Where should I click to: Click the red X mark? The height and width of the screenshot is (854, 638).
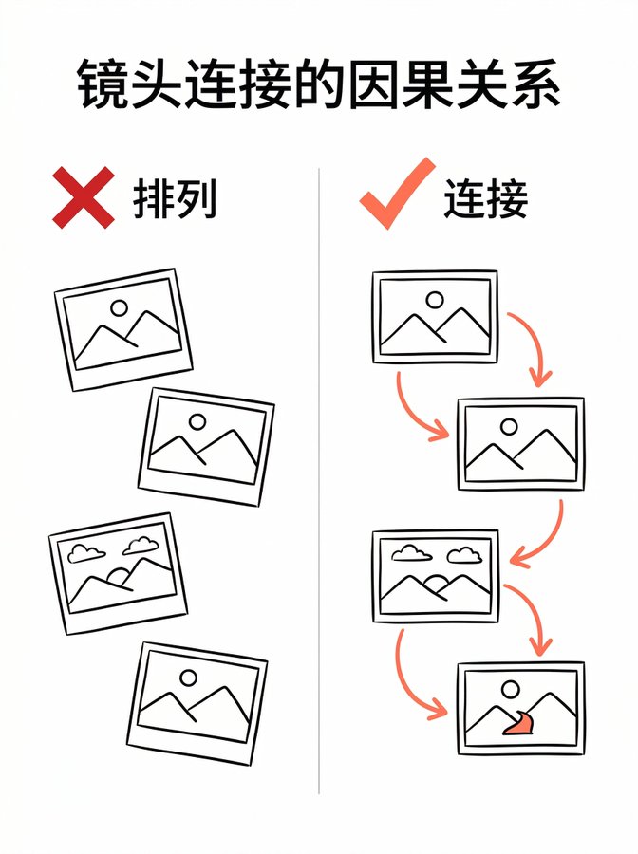click(84, 197)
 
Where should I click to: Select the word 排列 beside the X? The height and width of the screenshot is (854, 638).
click(175, 198)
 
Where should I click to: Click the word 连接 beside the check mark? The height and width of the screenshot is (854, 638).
click(486, 198)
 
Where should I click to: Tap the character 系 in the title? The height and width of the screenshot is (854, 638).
click(535, 84)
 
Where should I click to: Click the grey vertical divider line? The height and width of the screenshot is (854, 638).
click(319, 480)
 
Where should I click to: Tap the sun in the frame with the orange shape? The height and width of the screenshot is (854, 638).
click(511, 690)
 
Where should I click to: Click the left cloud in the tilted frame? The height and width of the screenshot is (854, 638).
click(86, 553)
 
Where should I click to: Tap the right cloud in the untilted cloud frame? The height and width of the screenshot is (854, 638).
click(464, 555)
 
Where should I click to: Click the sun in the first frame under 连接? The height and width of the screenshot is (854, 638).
click(435, 300)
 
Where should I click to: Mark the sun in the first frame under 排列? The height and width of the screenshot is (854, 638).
click(119, 308)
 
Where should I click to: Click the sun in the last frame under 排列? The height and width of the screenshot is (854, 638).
click(189, 678)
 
